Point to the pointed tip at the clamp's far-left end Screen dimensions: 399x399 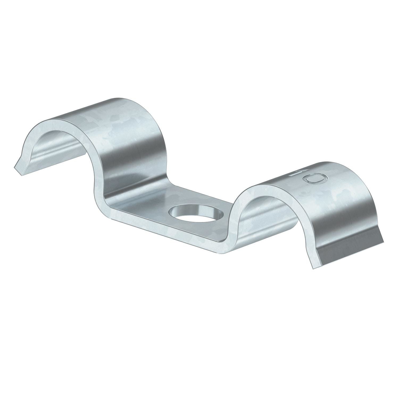click(15, 167)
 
